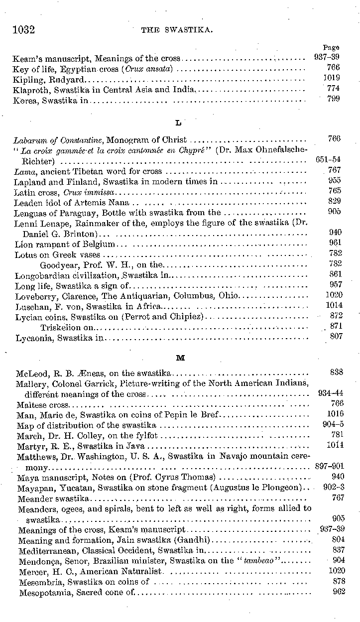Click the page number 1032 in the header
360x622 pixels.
(x=23, y=30)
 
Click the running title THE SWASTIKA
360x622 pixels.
(x=178, y=30)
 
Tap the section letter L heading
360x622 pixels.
(x=179, y=123)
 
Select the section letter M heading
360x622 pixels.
(x=180, y=358)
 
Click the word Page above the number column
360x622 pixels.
(x=331, y=48)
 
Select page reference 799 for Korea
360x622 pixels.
(x=334, y=99)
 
